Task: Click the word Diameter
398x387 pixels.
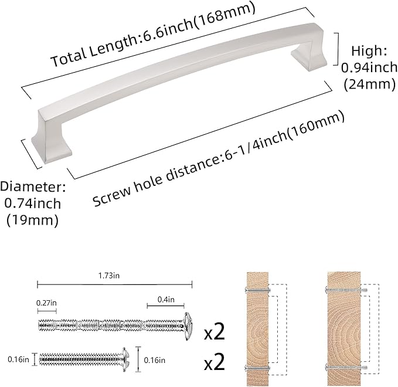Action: [x=33, y=187]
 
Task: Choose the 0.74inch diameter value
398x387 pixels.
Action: [x=33, y=203]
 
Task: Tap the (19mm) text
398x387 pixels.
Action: [x=33, y=220]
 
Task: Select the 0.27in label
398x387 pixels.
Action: [x=46, y=302]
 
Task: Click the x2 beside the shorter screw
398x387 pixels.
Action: [x=215, y=362]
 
